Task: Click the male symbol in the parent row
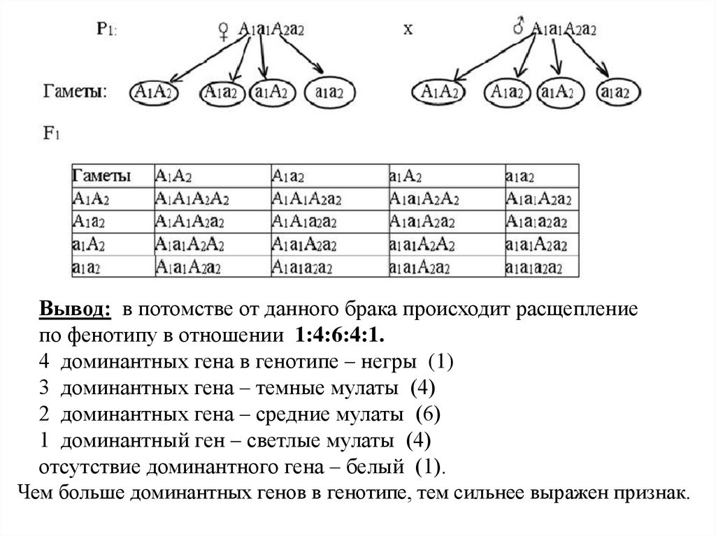pyautogui.click(x=519, y=29)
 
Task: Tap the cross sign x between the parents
pyautogui.click(x=408, y=29)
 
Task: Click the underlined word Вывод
pyautogui.click(x=74, y=310)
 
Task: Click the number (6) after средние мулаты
pyautogui.click(x=427, y=415)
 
